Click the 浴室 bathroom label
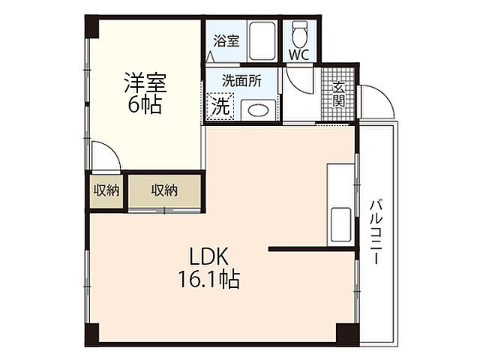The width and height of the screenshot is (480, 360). pyautogui.click(x=226, y=41)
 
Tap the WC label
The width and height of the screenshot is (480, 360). pyautogui.click(x=298, y=55)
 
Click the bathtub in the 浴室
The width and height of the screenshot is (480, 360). pyautogui.click(x=262, y=42)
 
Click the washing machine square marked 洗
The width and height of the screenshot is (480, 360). pyautogui.click(x=220, y=106)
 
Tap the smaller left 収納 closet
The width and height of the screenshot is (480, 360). pyautogui.click(x=106, y=190)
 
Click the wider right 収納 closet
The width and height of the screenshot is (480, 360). pyautogui.click(x=165, y=190)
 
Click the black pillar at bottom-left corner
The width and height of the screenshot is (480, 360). pyautogui.click(x=91, y=334)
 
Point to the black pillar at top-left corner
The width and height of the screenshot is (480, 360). pyautogui.click(x=91, y=27)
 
